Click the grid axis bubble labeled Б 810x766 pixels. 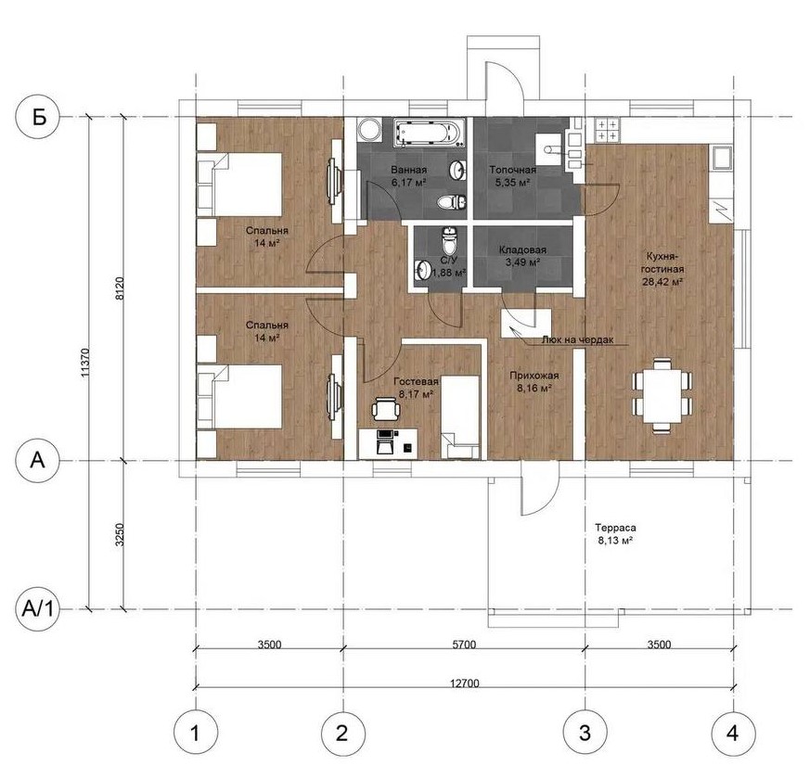coord(38,117)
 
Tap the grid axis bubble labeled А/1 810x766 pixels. coord(38,609)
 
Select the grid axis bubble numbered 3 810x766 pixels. coord(585,733)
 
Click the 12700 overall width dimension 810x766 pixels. coord(465,683)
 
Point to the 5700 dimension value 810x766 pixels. coord(463,645)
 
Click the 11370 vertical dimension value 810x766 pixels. coord(85,363)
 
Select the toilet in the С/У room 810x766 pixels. coord(449,240)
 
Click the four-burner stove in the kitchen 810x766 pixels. coord(607,130)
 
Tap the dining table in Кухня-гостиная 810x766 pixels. coord(662,394)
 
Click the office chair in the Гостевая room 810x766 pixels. coord(386,408)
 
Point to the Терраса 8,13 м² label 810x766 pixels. coord(615,534)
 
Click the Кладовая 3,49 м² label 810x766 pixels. coord(522,256)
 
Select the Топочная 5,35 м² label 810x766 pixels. coord(512,176)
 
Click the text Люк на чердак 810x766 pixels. coord(577,340)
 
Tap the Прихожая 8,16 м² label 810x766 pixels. coord(534,382)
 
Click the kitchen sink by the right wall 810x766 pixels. coord(722,158)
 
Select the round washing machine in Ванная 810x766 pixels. coord(369,129)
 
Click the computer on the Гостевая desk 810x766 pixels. coord(386,441)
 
